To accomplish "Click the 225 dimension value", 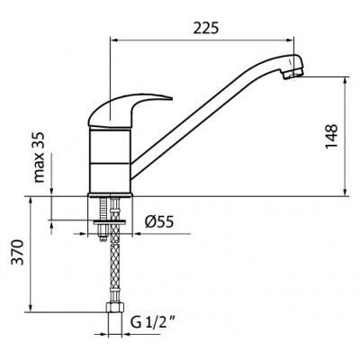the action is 206,28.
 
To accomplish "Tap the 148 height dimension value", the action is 331,136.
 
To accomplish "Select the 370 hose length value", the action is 17,252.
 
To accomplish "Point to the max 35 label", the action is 39,157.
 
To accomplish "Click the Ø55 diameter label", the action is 159,222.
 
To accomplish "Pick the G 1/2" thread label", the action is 153,323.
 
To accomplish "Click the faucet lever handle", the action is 130,110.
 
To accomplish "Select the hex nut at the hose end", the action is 115,307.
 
